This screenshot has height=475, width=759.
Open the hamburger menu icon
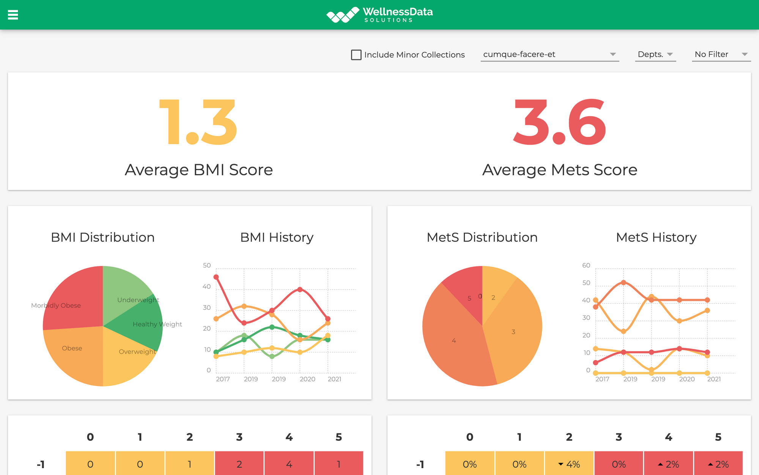[x=13, y=15]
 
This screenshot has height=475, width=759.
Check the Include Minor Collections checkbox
[x=356, y=55]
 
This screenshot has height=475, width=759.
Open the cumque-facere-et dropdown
[x=549, y=54]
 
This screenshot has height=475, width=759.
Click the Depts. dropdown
[x=655, y=54]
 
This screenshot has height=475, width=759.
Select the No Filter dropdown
[x=721, y=54]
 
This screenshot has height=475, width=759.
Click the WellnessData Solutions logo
[x=379, y=15]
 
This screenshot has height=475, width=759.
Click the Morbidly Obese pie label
[x=56, y=306]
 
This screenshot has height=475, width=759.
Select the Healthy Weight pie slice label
[x=157, y=324]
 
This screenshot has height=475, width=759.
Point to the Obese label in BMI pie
[x=72, y=348]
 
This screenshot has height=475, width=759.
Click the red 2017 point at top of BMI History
[x=216, y=277]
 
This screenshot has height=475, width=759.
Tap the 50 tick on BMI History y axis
[x=207, y=265]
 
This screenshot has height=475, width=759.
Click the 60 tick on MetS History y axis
[x=586, y=265]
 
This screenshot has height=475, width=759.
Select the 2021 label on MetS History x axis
[x=713, y=379]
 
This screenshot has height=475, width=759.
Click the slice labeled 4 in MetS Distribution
[x=454, y=340]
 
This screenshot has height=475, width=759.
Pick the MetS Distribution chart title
[x=482, y=237]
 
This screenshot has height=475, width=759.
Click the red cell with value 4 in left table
[x=289, y=464]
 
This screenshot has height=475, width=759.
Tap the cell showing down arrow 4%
[x=569, y=464]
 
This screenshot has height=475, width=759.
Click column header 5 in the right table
[x=718, y=437]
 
